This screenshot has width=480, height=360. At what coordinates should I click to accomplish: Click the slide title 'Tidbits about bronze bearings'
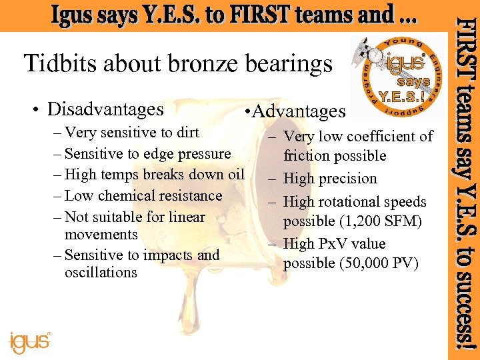click(x=177, y=64)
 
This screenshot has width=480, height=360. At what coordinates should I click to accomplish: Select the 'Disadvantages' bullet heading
click(x=105, y=109)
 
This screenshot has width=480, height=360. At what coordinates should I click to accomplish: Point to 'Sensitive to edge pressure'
click(x=147, y=153)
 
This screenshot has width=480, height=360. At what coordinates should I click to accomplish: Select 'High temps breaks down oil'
click(x=155, y=175)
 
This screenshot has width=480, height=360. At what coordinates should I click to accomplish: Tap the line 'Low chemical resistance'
click(x=143, y=196)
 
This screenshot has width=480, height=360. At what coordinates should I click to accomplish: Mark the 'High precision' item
click(x=330, y=179)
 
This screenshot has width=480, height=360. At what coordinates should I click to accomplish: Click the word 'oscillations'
click(x=101, y=272)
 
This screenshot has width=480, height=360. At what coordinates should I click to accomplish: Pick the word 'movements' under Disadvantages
click(x=101, y=235)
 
